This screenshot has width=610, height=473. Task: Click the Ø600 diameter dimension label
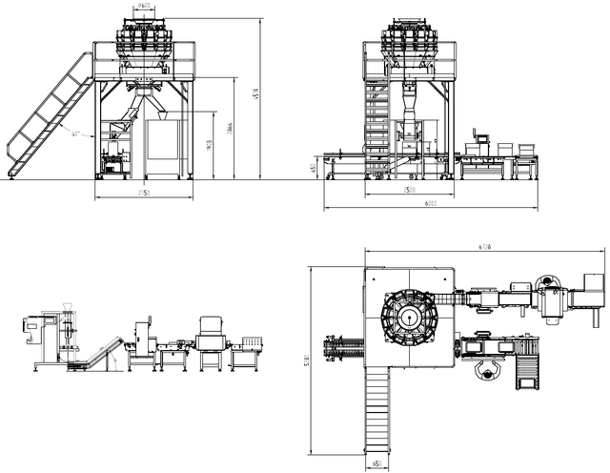[x=144, y=6]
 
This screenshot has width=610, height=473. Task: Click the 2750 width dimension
[x=144, y=195]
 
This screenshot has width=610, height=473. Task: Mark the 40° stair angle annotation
[x=73, y=134]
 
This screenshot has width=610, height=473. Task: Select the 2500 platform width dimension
[x=408, y=191]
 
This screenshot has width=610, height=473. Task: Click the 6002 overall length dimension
[x=431, y=204]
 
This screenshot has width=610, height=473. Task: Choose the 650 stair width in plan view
[x=377, y=465]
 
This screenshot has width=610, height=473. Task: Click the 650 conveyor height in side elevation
[x=314, y=168]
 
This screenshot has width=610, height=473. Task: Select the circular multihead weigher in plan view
[x=410, y=316]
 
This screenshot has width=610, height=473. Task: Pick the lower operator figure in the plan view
[x=491, y=369]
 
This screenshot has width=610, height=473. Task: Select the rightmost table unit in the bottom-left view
[x=250, y=351]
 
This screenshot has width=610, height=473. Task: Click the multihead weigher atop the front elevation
[x=144, y=43]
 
